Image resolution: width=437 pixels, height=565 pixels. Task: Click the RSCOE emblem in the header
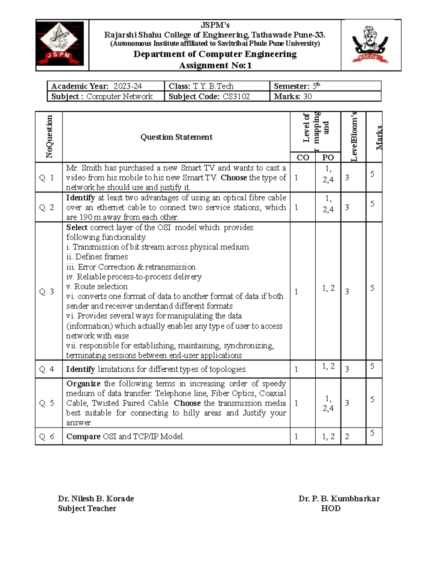[x=370, y=44]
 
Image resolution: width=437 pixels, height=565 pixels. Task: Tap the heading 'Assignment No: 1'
[x=215, y=65]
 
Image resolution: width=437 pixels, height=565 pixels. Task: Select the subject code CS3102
[x=236, y=96]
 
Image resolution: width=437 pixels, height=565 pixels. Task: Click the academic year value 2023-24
[x=127, y=86]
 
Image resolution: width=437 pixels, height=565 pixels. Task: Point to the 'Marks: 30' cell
[x=293, y=96]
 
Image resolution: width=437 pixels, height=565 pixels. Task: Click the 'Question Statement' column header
[x=176, y=137]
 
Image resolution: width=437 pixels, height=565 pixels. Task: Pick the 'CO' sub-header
[x=303, y=157]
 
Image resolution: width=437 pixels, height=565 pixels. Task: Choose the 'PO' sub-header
[x=328, y=157]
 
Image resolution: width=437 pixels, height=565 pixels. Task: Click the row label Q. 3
[x=47, y=291]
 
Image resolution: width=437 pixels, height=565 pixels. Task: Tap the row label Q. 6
[x=47, y=436]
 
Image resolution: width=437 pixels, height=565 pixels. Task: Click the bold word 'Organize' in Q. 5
[x=83, y=383]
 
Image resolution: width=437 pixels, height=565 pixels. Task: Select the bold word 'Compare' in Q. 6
[x=83, y=436]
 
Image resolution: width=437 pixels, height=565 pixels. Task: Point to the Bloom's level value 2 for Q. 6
[x=347, y=436]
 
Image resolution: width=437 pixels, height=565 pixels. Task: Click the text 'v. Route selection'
[x=97, y=286]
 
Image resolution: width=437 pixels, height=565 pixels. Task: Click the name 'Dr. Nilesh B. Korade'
[x=96, y=498]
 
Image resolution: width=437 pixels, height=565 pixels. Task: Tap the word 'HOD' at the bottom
[x=331, y=508]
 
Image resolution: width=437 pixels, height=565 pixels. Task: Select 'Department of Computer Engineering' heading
[x=215, y=54]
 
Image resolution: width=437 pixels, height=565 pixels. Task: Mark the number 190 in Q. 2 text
[x=86, y=217]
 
